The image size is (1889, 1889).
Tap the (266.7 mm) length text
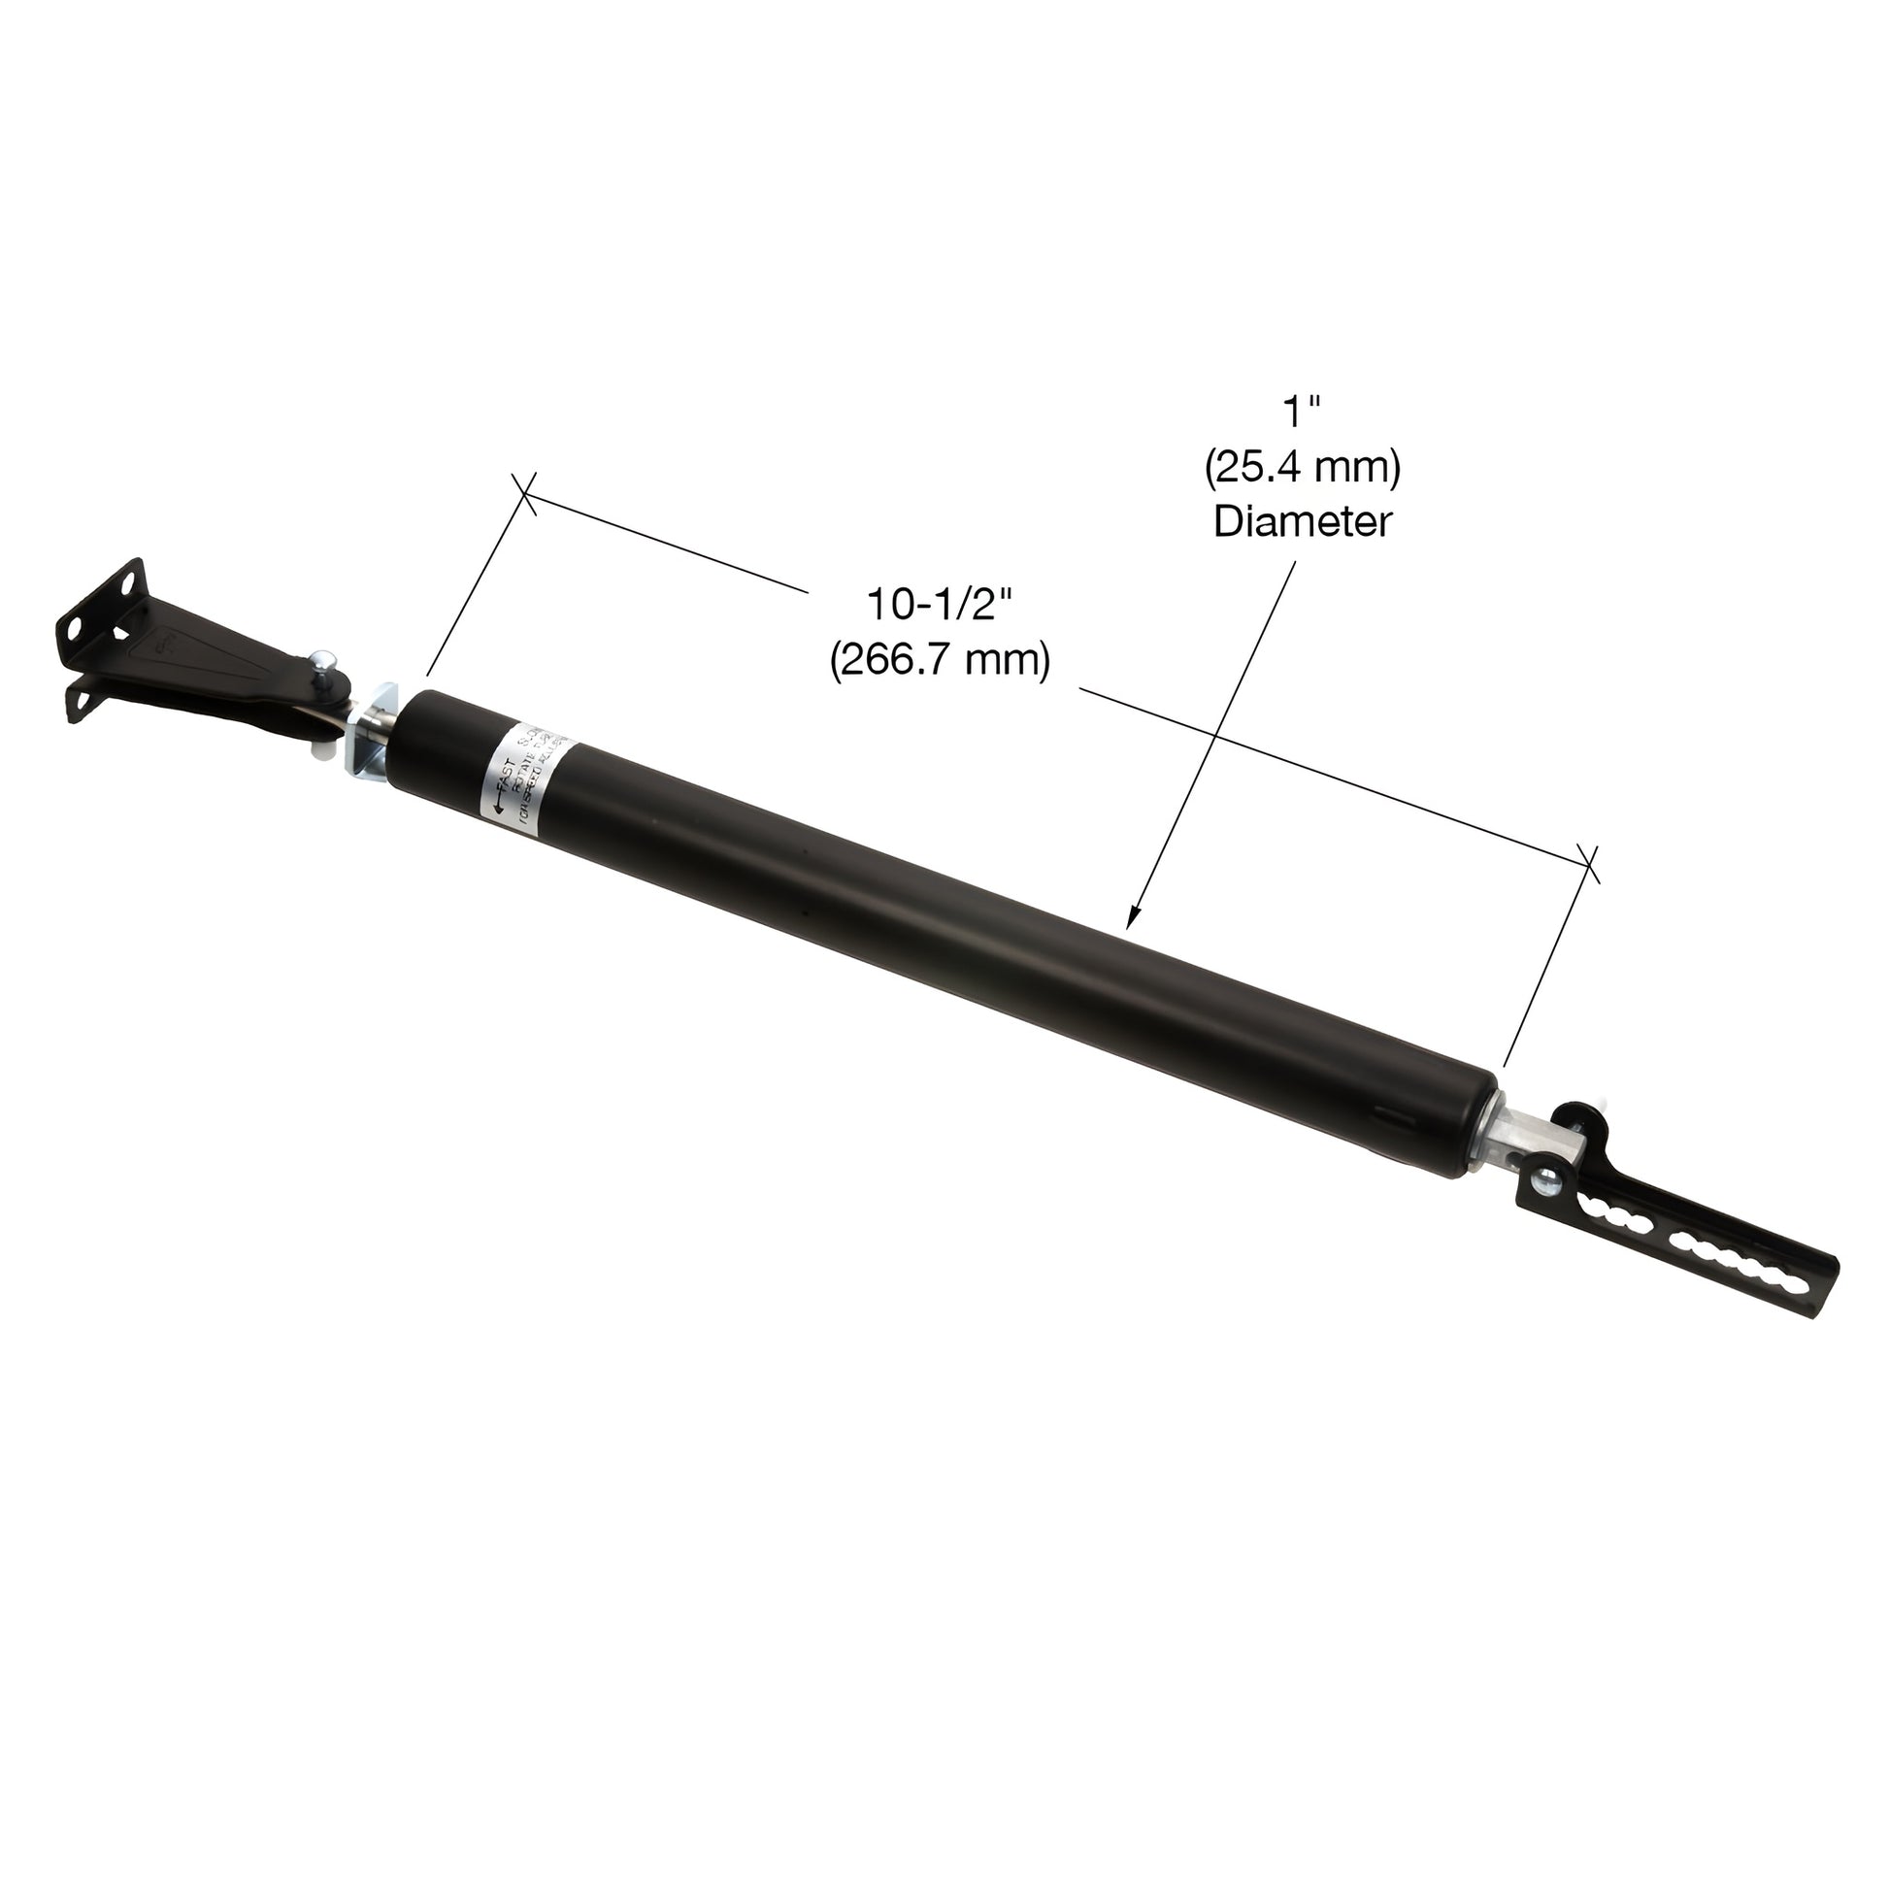(x=940, y=660)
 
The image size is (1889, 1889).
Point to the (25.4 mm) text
(x=1302, y=468)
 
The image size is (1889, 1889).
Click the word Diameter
(x=1302, y=522)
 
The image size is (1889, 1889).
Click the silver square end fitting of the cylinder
(x=1511, y=1140)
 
